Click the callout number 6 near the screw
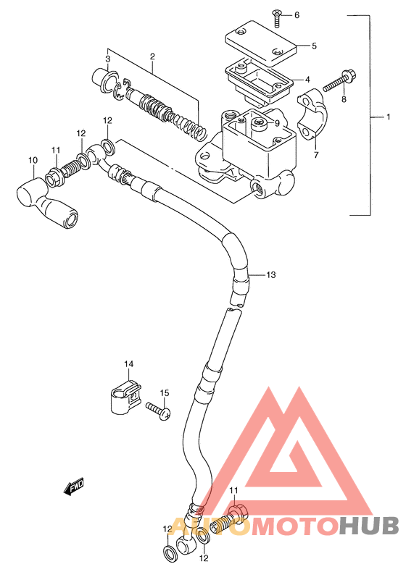297,15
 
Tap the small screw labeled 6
278,18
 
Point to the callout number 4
307,79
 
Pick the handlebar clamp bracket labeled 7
312,114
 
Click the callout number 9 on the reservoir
277,123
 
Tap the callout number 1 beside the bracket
389,117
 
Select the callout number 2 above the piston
152,56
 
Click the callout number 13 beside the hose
271,274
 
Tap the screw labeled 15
158,411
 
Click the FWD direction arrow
74,486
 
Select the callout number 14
128,363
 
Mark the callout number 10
33,160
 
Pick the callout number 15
165,393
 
